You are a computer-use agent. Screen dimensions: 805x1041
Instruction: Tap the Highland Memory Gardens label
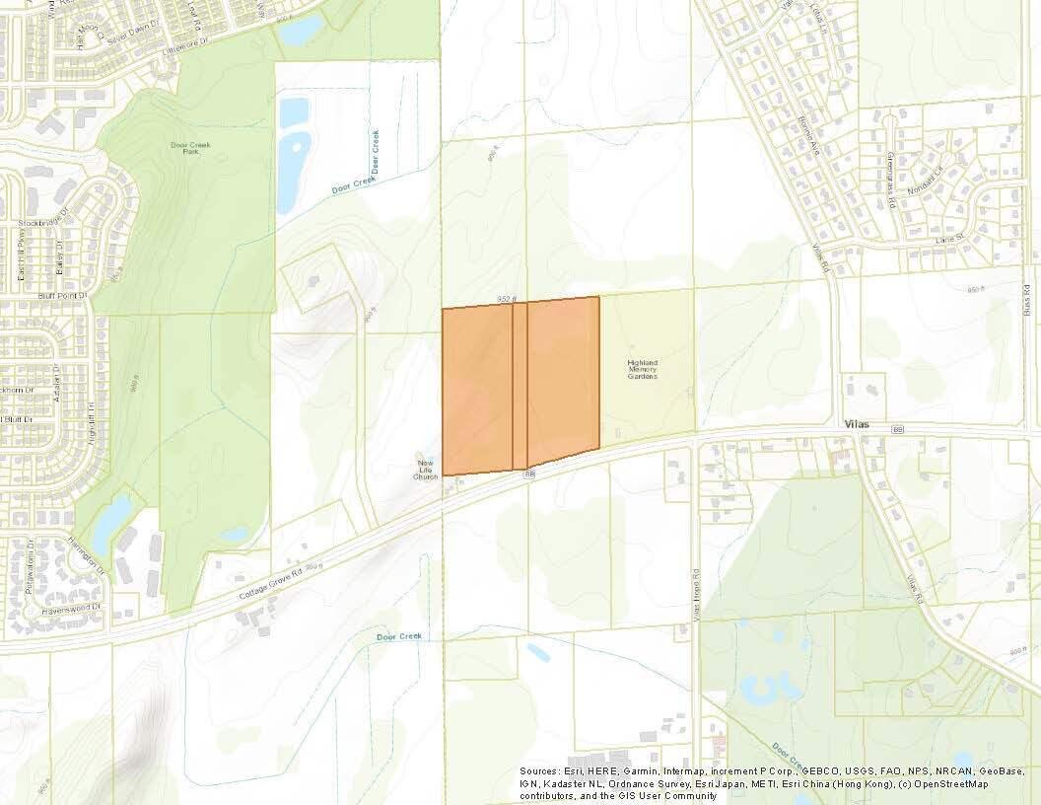642,369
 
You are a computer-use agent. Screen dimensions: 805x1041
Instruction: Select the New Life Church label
425,469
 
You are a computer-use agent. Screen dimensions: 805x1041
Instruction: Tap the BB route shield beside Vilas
897,429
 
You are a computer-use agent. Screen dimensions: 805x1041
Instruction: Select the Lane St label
946,241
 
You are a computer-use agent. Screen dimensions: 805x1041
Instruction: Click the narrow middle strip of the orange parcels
520,385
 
